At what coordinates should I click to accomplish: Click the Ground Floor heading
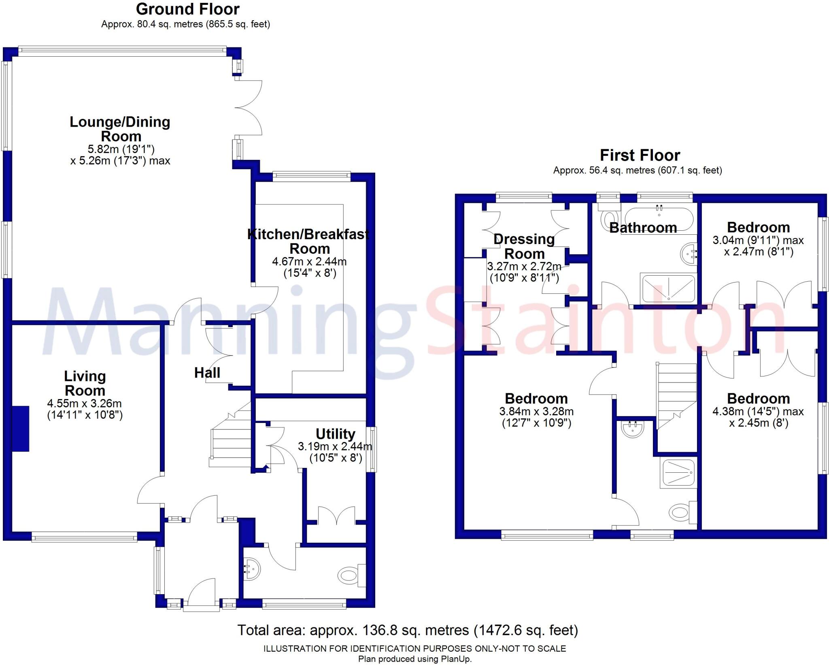(187, 9)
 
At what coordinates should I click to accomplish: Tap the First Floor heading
(640, 155)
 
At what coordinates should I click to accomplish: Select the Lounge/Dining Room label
(120, 129)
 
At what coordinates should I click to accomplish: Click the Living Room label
(85, 383)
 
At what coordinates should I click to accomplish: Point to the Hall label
(207, 372)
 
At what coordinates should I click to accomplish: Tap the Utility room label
(335, 434)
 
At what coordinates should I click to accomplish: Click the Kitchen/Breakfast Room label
(308, 241)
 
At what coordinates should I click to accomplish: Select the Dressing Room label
(524, 246)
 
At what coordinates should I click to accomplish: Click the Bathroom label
(643, 227)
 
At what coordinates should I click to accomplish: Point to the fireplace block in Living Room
(20, 429)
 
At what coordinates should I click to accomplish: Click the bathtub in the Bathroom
(657, 219)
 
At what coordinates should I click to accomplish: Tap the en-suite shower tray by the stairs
(678, 472)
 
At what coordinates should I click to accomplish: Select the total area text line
(408, 630)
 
